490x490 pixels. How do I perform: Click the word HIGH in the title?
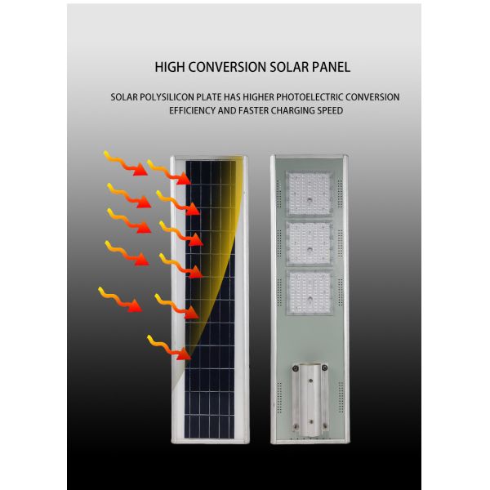pyautogui.click(x=170, y=67)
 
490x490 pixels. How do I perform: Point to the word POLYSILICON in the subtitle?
pyautogui.click(x=167, y=97)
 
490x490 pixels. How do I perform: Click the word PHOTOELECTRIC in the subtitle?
pyautogui.click(x=310, y=97)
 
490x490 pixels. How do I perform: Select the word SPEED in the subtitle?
pyautogui.click(x=330, y=110)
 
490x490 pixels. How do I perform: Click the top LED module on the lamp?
pyautogui.click(x=309, y=194)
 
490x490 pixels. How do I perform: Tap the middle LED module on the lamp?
pyautogui.click(x=309, y=243)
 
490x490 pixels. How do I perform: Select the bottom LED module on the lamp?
pyautogui.click(x=309, y=293)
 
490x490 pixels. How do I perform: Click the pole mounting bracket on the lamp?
pyautogui.click(x=310, y=399)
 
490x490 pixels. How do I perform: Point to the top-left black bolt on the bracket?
pyautogui.click(x=296, y=368)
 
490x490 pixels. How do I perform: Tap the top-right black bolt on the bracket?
pyautogui.click(x=325, y=367)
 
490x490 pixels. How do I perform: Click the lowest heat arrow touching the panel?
pyautogui.click(x=169, y=348)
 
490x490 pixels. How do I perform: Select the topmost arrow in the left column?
pyautogui.click(x=125, y=163)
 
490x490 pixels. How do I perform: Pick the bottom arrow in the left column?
pyautogui.click(x=120, y=300)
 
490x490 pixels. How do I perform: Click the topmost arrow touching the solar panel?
pyautogui.click(x=169, y=172)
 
